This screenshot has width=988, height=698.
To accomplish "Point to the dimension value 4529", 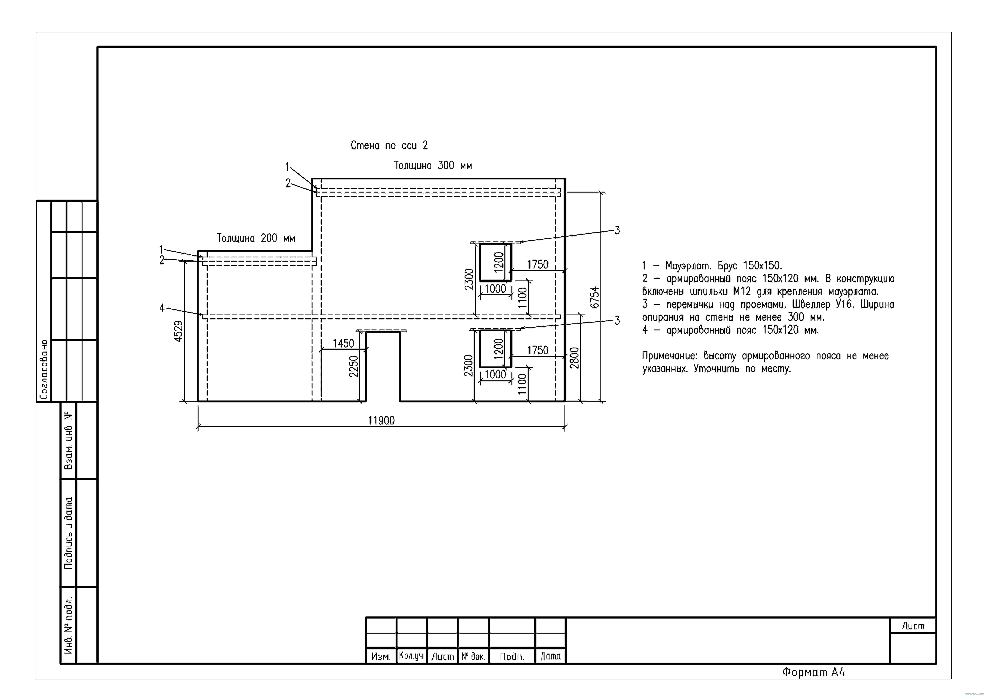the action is click(179, 331).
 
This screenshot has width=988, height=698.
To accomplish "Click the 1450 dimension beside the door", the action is click(343, 343).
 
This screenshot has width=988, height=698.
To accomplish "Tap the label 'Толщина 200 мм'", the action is click(256, 238).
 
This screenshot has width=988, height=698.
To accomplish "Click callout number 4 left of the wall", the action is click(162, 308).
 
